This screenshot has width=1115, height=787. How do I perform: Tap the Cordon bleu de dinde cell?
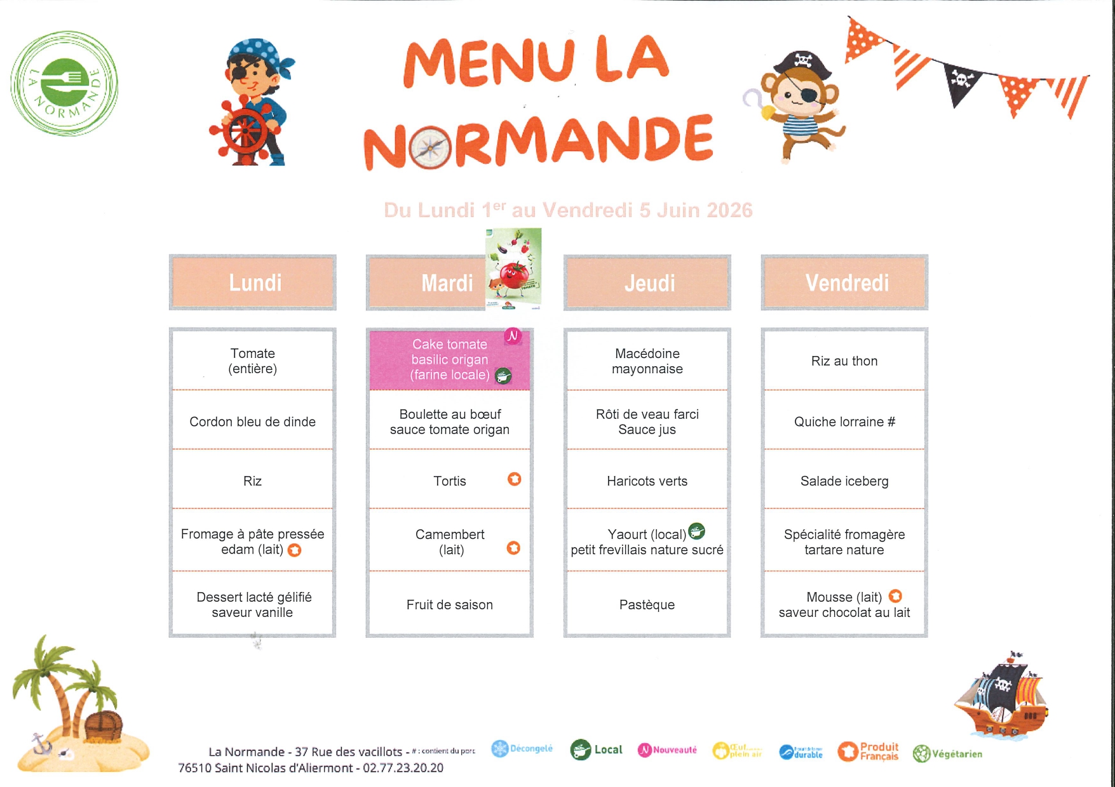coord(252,421)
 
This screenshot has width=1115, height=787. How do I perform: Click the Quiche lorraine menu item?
coord(844,421)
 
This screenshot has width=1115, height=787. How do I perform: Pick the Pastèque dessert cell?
coord(647,605)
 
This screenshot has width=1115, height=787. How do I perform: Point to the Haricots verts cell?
coord(647,481)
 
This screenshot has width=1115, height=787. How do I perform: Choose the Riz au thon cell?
coord(844,361)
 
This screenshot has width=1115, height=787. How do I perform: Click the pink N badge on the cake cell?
coord(513,336)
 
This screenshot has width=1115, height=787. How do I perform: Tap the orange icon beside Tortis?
coord(515,479)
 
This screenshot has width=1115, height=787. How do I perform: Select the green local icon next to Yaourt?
coord(697,531)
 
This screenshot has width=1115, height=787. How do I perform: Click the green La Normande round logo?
coord(64,83)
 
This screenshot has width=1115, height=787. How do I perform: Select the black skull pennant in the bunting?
coord(961,82)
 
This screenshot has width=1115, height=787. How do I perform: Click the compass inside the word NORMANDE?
coord(430,148)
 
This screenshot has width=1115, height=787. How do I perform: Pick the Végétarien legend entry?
coord(947,754)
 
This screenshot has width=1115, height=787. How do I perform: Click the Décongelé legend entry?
coord(522,749)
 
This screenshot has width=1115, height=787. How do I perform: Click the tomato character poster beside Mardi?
coord(513,268)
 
